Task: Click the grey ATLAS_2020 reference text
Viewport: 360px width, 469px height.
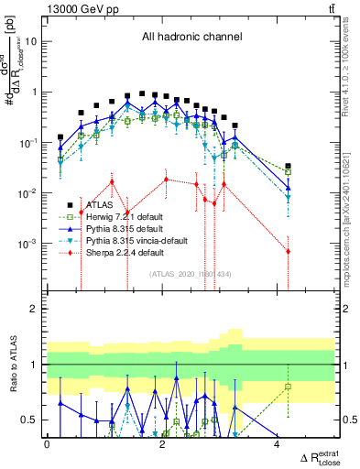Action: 190,274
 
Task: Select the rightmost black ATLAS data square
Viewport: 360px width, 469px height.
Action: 288,166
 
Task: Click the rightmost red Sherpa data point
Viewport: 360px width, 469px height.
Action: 288,251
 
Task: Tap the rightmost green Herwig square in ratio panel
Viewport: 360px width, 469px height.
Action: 288,387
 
